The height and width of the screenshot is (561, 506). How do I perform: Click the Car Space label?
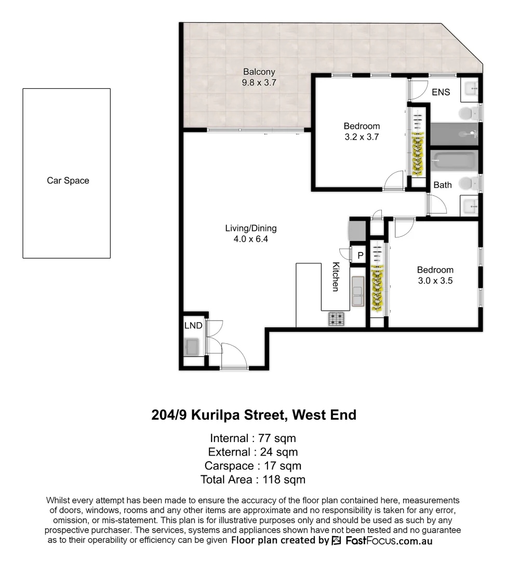coord(68,181)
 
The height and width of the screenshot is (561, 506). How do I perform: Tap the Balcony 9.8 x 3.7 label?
coord(259,77)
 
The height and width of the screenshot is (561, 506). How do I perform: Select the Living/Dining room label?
coord(250,233)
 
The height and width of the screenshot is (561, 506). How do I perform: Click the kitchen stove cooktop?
coord(337,318)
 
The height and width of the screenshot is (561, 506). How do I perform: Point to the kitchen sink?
coord(357,291)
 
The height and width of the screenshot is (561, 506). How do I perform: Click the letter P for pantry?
coord(359,255)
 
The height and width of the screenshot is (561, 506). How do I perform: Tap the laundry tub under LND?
coord(191,346)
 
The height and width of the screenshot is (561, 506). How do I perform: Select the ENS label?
coord(441,92)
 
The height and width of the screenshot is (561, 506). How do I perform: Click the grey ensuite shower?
coord(453,134)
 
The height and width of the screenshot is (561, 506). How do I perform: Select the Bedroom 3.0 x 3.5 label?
coord(435,275)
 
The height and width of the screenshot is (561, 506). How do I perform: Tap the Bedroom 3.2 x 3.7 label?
coord(362,131)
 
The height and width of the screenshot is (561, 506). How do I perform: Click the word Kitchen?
coord(336,276)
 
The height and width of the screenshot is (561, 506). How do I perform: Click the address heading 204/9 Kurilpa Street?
coord(254,415)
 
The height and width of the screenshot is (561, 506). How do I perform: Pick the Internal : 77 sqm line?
coord(253,438)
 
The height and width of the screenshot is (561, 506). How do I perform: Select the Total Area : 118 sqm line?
coord(253,479)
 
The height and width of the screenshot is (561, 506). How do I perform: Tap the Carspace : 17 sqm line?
coord(253,465)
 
